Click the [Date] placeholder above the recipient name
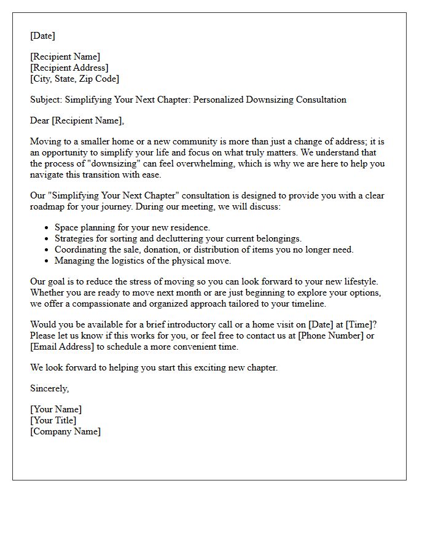tap(42, 36)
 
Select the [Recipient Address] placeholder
tap(69, 68)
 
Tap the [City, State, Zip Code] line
tap(74, 79)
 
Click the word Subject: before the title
tap(46, 100)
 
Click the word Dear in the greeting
tap(41, 120)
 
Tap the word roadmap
tap(47, 206)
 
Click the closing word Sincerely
tap(49, 388)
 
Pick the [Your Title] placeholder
tap(53, 420)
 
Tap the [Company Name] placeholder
tap(65, 431)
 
